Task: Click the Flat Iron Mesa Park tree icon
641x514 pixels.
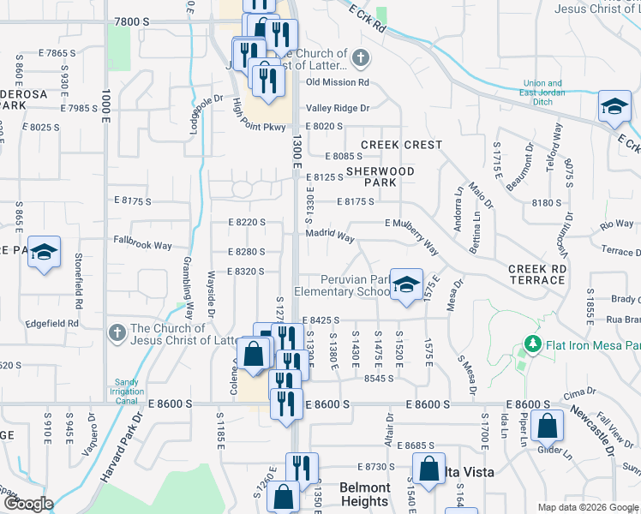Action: click(532, 345)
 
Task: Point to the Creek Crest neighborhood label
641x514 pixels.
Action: click(401, 145)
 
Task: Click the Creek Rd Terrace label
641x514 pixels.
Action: click(537, 269)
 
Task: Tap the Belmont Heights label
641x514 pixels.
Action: click(364, 494)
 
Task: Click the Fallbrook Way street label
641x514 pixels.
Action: click(144, 245)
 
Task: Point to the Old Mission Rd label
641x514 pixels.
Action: click(337, 82)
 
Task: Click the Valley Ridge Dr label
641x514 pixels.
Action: click(338, 108)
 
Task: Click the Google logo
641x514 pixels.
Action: click(27, 505)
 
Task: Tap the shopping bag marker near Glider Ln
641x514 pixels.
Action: click(547, 424)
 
